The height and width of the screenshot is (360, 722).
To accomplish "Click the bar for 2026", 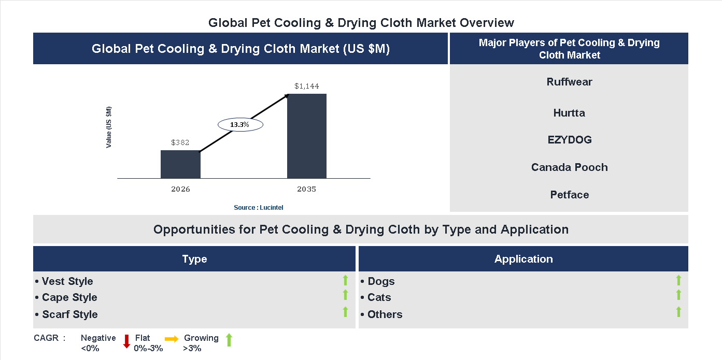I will pos(180,164).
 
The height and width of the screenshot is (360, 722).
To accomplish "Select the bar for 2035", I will pos(307,136).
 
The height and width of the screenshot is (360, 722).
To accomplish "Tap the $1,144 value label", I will pos(307,86).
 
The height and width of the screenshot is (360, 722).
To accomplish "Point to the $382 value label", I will pos(180,142).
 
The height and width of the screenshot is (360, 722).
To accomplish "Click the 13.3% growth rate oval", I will pos(240,125).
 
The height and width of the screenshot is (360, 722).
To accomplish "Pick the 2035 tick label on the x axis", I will pos(307,189).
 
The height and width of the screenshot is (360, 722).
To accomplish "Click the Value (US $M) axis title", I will pos(109,127).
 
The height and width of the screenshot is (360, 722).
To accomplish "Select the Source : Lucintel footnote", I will pos(259,208).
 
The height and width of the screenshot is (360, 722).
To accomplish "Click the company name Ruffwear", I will pos(569,82).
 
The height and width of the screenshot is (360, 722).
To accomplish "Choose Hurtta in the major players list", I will pos(569,113).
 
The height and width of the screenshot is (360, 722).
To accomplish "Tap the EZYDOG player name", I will pos(569,140).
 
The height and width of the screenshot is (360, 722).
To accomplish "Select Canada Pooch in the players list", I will pos(569,167).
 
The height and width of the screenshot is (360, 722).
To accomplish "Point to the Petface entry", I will pos(569,195).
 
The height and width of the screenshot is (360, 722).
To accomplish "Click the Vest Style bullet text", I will pos(67,281).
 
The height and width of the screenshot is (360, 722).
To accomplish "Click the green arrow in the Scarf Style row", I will pos(345,312).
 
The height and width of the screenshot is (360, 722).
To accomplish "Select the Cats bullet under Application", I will pos(379,297).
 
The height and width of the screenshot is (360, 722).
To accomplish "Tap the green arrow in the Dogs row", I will pos(678,280).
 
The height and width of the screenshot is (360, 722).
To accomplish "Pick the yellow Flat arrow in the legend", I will pos(172,338).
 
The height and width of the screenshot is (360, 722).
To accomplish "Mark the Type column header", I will pos(194,259).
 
